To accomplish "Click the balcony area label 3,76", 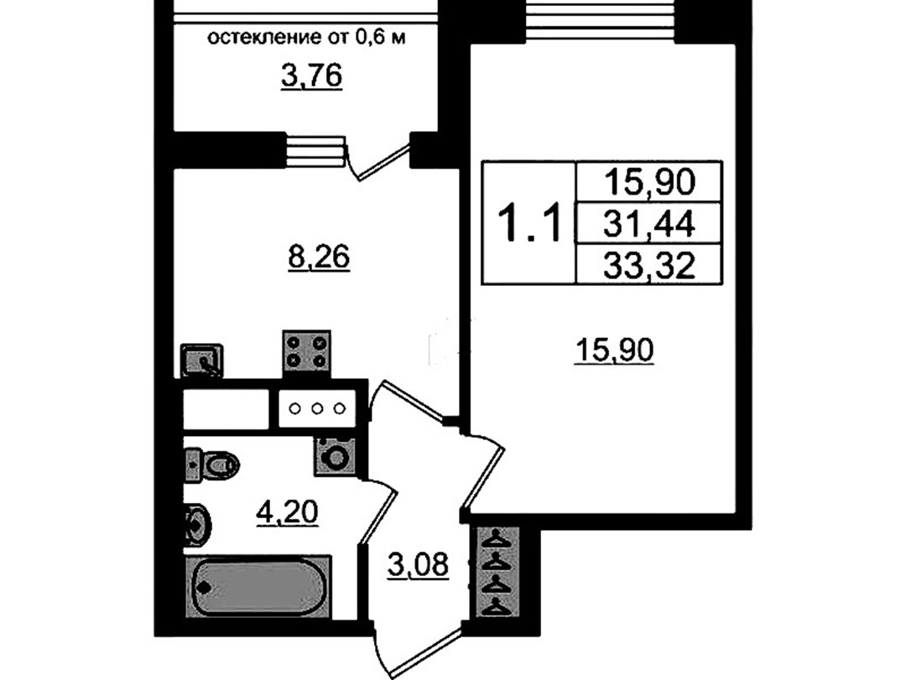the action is pyautogui.click(x=312, y=77).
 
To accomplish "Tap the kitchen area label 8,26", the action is pyautogui.click(x=319, y=257).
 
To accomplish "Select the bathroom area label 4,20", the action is pyautogui.click(x=287, y=511).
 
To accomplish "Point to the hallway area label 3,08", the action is pyautogui.click(x=418, y=565).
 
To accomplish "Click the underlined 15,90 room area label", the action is pyautogui.click(x=615, y=350).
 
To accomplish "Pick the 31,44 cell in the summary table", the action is pyautogui.click(x=648, y=224).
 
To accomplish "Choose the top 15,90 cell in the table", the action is pyautogui.click(x=648, y=182).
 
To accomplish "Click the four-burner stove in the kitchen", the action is pyautogui.click(x=306, y=352).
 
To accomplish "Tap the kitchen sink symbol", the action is pyautogui.click(x=201, y=361).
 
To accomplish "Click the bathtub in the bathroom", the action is pyautogui.click(x=258, y=587).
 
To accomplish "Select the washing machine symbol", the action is pyautogui.click(x=335, y=456).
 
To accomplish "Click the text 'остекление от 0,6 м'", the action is pyautogui.click(x=307, y=38).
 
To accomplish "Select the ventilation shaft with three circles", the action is pyautogui.click(x=317, y=408).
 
